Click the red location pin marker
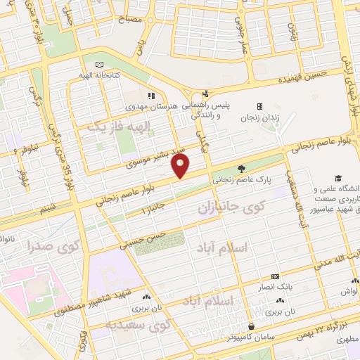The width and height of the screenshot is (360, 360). point(181,166)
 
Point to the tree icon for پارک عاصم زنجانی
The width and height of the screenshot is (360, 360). point(242,168)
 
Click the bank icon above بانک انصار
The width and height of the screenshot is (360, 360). point(274,276)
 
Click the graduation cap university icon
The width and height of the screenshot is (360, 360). point(337,179)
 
